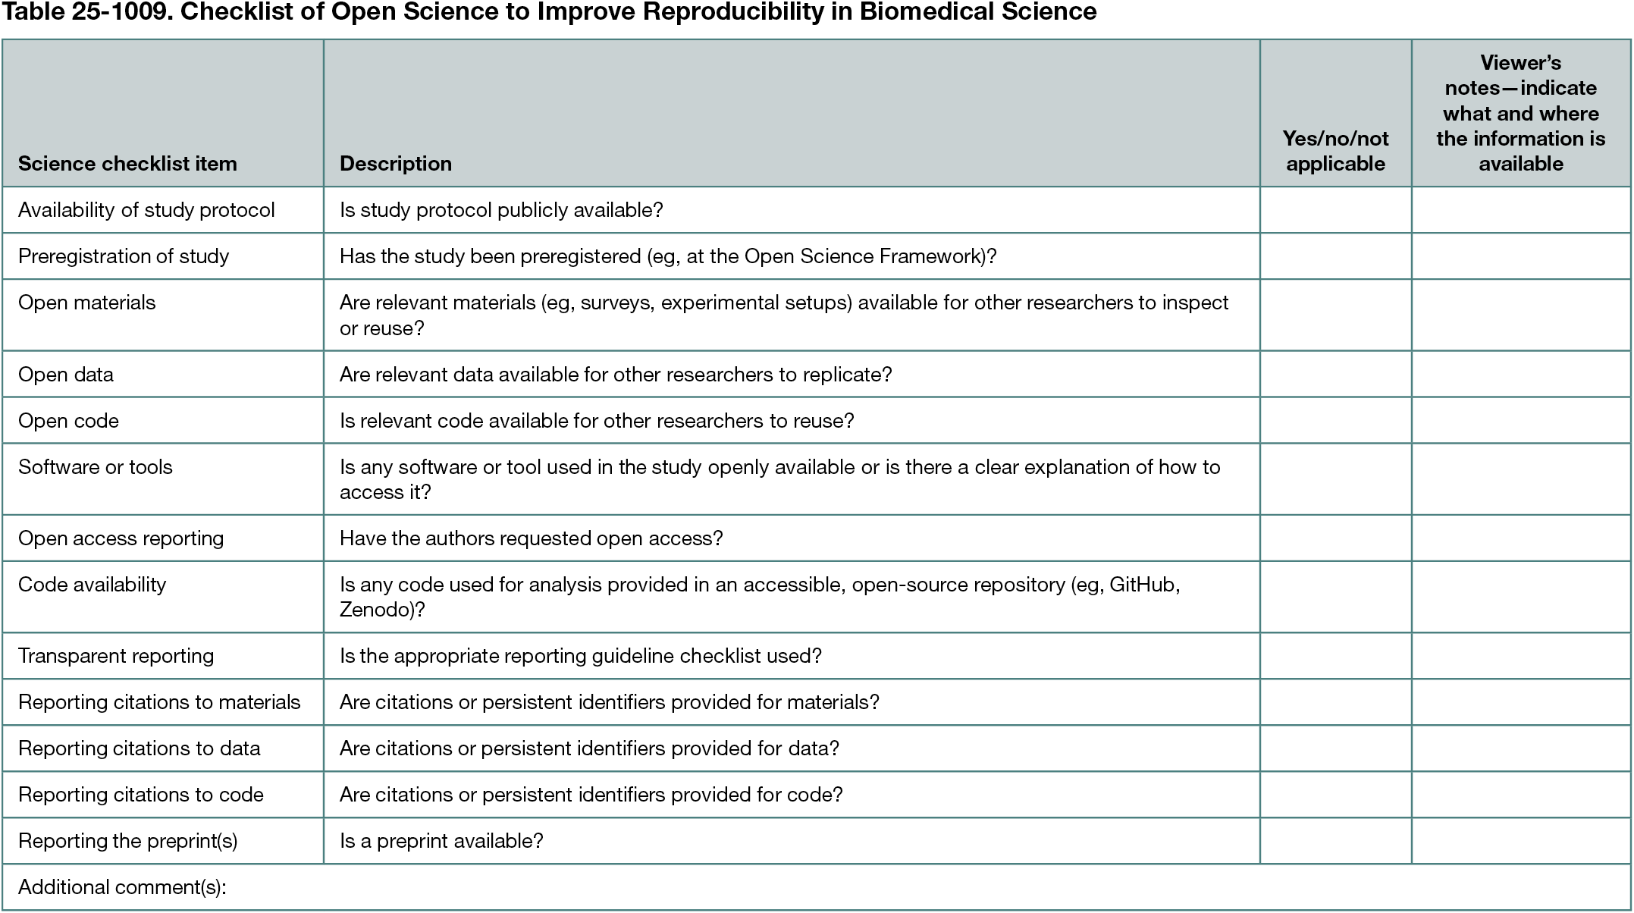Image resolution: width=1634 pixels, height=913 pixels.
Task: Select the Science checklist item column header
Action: click(127, 164)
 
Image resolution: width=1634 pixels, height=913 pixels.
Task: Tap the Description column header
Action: click(395, 164)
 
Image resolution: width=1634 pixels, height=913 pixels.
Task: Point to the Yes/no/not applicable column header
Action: click(1335, 151)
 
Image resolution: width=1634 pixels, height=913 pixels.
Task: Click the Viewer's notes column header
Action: click(1520, 113)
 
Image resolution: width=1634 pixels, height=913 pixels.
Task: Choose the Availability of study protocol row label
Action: click(146, 210)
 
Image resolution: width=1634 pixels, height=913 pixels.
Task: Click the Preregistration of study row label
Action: click(124, 256)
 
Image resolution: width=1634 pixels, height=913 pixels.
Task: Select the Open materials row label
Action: click(87, 303)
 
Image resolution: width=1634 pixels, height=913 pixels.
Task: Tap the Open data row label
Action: click(66, 375)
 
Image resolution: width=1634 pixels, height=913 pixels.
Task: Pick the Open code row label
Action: click(68, 421)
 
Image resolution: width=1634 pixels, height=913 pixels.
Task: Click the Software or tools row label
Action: click(96, 467)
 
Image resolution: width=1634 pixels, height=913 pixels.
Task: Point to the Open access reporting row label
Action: click(121, 538)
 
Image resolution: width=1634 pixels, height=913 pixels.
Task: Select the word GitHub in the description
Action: click(1142, 585)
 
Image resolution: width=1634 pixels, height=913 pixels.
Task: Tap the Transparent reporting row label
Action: click(116, 656)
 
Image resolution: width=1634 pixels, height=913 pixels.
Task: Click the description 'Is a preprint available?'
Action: click(441, 841)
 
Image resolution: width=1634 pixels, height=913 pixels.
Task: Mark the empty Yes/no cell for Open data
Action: click(1335, 374)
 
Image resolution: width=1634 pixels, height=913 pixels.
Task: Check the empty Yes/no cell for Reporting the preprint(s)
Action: click(1335, 840)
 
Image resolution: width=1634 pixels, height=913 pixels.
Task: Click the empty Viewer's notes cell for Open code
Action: click(1520, 420)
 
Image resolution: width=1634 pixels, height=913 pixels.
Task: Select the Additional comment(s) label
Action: click(122, 887)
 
